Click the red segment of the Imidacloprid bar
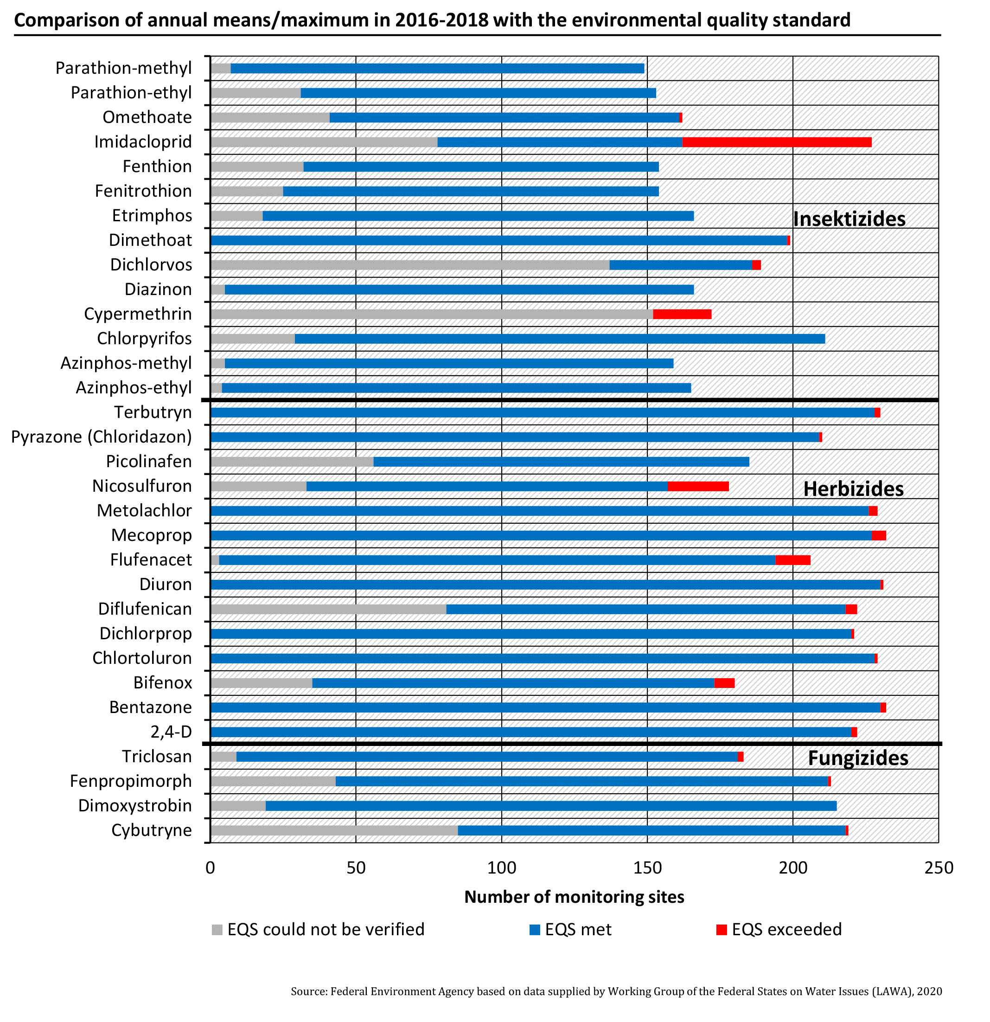pos(776,142)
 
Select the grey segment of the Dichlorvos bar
pos(409,265)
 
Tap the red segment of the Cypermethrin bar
pos(682,314)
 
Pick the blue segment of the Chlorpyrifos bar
pos(559,338)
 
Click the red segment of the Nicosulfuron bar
pos(698,486)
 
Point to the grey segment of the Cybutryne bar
pos(334,830)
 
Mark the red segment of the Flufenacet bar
pos(792,560)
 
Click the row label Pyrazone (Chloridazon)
pos(102,437)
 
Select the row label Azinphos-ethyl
pos(134,388)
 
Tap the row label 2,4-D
pos(171,732)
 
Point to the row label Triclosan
pos(157,757)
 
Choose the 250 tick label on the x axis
pos(939,868)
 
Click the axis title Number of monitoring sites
pos(574,897)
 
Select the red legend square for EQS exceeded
pos(721,930)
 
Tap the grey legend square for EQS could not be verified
pos(217,930)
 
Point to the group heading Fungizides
pos(858,758)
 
